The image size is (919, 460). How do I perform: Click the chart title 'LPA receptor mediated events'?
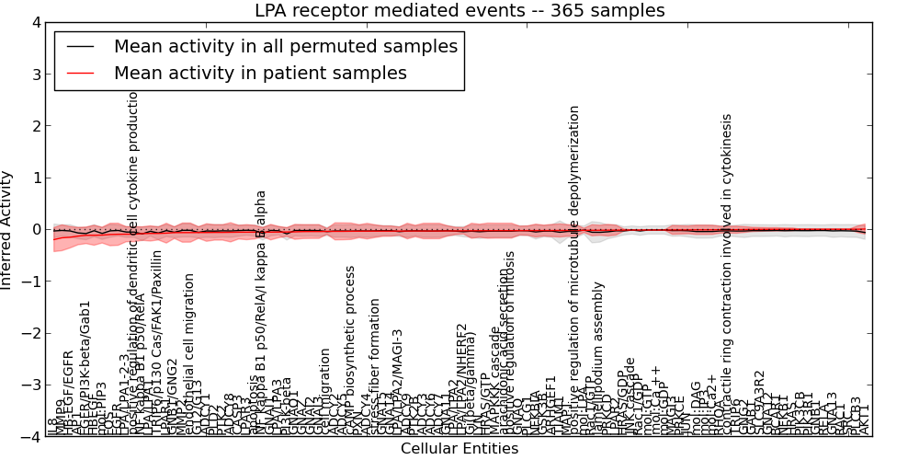[x=459, y=11]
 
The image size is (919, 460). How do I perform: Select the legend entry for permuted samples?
[x=285, y=47]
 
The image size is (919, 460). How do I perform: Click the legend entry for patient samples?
[x=260, y=73]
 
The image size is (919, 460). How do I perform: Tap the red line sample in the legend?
[x=79, y=73]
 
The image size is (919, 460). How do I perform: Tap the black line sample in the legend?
[x=79, y=47]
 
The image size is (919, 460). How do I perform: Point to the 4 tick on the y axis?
[x=34, y=23]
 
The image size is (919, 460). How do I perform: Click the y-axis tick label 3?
[x=34, y=75]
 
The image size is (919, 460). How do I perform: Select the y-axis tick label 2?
[x=34, y=126]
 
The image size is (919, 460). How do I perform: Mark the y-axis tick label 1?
[x=34, y=178]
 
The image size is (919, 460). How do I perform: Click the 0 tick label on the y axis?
[x=34, y=229]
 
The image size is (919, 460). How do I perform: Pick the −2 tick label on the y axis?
[x=29, y=333]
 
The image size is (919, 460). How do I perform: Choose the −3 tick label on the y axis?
[x=29, y=385]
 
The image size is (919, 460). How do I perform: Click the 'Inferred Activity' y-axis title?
[x=8, y=230]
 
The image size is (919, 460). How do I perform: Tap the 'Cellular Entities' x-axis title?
[x=459, y=449]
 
